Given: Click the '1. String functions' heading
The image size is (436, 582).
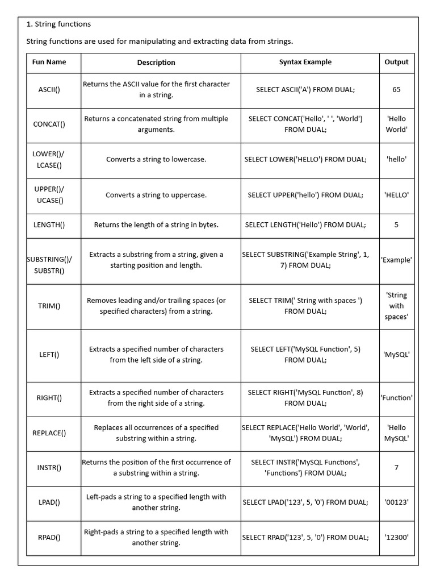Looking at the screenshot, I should tap(59, 24).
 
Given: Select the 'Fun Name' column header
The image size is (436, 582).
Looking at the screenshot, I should tap(49, 62).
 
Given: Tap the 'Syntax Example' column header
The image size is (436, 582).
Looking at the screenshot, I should tap(305, 62).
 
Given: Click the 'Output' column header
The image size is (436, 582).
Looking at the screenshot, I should tap(396, 62).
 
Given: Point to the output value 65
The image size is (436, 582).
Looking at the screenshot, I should tap(396, 89).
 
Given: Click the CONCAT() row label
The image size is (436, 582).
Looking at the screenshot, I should tap(49, 124).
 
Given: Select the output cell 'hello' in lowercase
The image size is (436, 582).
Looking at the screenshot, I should tap(396, 159).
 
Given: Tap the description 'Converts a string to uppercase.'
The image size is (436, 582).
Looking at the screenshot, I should tap(156, 195).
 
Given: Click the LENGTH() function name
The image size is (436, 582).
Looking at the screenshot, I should tap(49, 225).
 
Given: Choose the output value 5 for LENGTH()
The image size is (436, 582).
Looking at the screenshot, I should tap(396, 225).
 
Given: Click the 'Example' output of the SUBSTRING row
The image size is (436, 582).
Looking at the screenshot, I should tap(396, 260).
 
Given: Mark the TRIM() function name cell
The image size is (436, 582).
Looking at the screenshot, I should tap(49, 306).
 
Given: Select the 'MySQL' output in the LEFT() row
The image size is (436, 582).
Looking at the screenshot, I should tap(396, 355).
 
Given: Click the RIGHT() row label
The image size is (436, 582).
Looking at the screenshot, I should tap(49, 398).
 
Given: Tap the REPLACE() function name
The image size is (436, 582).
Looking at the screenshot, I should tap(49, 433).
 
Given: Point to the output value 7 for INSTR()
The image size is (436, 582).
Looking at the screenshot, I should tap(396, 468).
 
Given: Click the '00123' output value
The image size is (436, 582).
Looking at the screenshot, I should tap(396, 502).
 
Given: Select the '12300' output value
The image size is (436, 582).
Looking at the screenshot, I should tap(396, 537).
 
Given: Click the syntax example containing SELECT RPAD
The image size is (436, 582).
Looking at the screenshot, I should tap(305, 537).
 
